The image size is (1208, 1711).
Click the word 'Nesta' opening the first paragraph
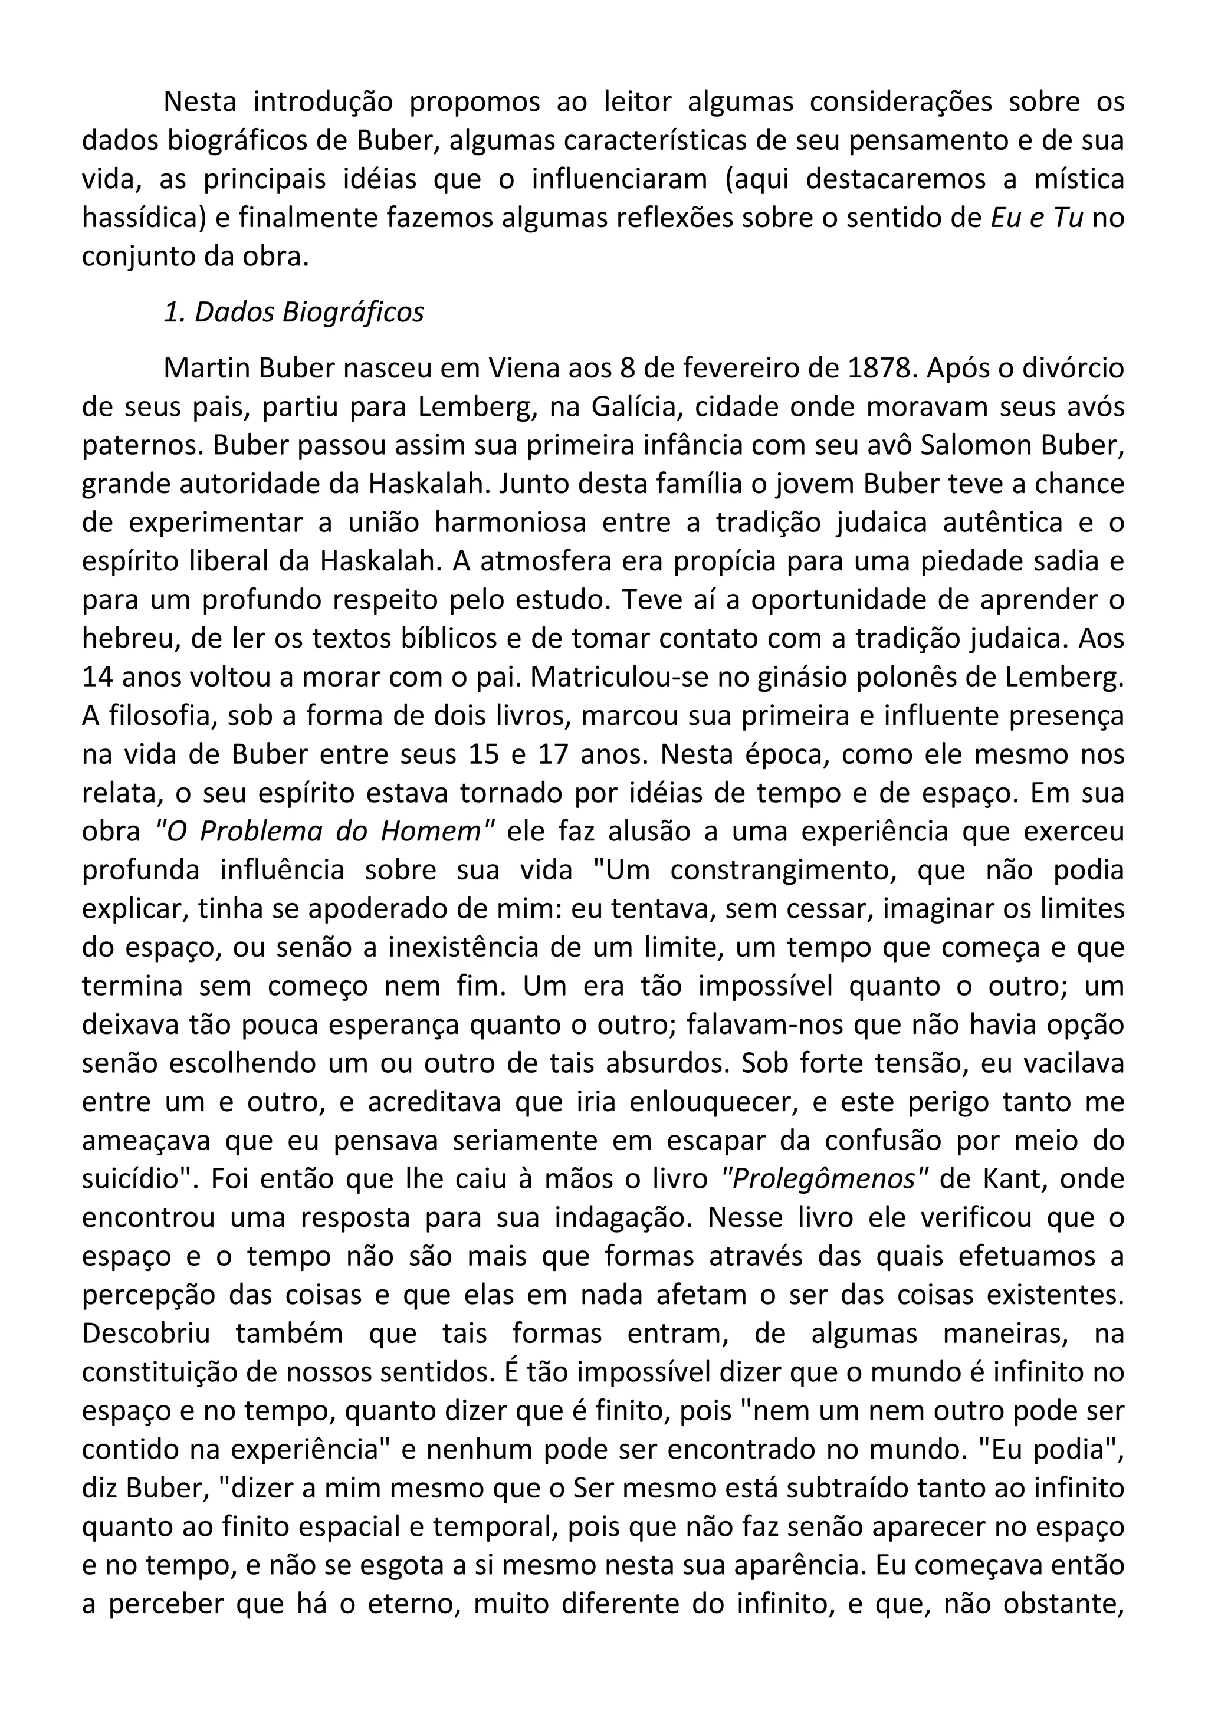coord(200,102)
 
